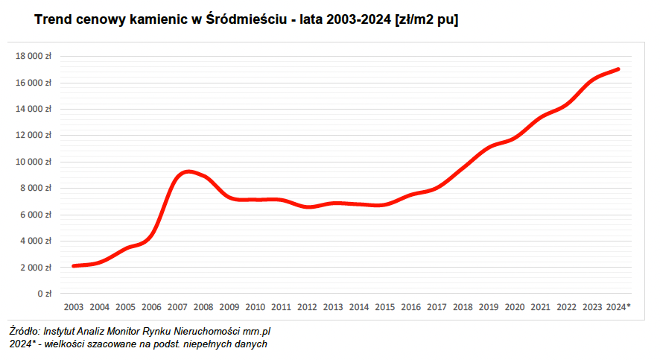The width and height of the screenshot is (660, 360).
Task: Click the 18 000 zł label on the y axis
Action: coord(34,56)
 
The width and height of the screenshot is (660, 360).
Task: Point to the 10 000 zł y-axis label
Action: coord(34,162)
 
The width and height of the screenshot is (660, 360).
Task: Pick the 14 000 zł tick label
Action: coord(34,109)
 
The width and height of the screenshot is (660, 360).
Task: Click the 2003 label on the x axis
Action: coord(74,307)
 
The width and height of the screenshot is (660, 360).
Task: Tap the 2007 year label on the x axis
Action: coord(177,307)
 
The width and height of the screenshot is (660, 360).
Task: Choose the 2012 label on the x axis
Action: coord(307,307)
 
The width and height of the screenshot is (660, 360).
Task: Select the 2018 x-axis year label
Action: coord(463,307)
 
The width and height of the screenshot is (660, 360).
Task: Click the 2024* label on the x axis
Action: coord(619,307)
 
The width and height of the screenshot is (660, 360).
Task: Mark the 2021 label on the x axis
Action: coord(540,307)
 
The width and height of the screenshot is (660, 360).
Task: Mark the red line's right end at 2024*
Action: coord(618,69)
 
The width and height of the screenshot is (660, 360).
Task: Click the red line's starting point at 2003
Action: coord(73,266)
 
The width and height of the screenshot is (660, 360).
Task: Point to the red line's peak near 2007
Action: coord(189,171)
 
